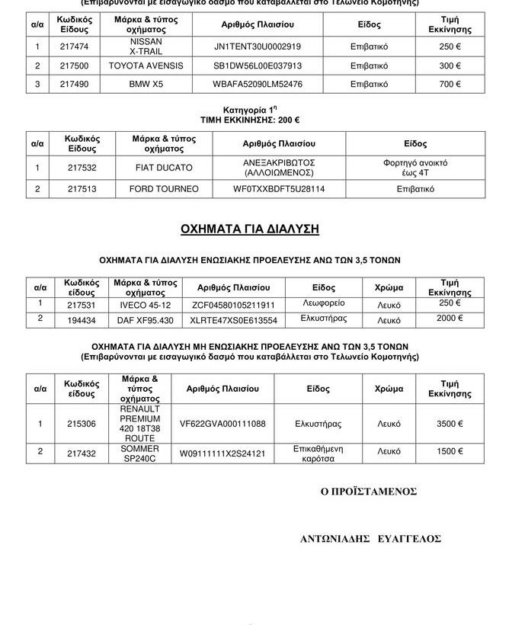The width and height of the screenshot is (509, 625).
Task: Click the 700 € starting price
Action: click(450, 84)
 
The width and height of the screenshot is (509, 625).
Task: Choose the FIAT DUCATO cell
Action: click(164, 168)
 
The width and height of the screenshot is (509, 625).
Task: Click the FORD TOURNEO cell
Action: click(164, 188)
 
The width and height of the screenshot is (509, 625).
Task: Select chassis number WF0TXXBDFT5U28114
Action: click(279, 188)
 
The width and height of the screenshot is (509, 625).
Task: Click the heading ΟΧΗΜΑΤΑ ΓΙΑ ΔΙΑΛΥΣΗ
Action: click(249, 229)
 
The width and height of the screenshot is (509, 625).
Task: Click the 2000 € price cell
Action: click(450, 319)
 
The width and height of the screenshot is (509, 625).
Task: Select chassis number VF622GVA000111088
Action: click(222, 423)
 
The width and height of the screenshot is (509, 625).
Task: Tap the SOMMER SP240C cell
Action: click(140, 454)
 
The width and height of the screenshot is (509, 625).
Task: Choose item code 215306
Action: click(82, 423)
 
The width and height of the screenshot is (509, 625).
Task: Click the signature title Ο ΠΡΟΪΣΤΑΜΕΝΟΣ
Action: click(369, 492)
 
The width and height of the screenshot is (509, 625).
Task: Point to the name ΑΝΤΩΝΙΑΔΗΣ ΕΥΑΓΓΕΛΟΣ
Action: click(370, 539)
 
